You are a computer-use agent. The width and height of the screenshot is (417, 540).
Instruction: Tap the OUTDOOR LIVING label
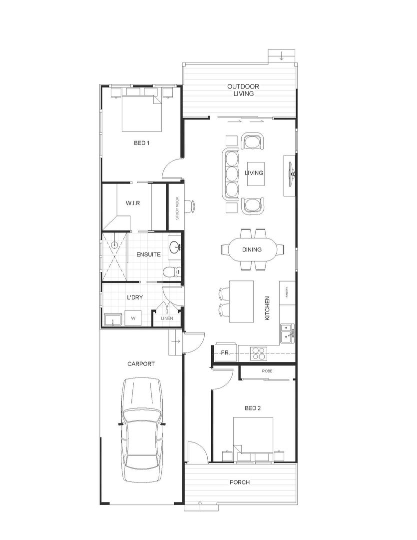pyautogui.click(x=243, y=90)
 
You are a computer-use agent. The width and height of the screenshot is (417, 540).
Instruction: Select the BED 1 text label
pyautogui.click(x=141, y=143)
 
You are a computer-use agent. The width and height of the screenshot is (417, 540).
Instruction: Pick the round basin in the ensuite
pyautogui.click(x=174, y=246)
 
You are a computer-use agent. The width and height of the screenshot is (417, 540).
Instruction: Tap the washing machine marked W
pyautogui.click(x=133, y=317)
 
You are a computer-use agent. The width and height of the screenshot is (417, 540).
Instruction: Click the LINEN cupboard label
pyautogui.click(x=166, y=318)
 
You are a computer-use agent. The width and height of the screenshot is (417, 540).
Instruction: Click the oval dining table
pyautogui.click(x=252, y=249)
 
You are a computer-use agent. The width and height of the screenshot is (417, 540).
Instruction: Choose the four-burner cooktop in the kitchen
pyautogui.click(x=259, y=353)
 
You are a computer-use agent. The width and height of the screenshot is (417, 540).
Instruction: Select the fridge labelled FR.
pyautogui.click(x=225, y=352)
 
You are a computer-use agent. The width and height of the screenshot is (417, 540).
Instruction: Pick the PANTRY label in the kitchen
pyautogui.click(x=287, y=292)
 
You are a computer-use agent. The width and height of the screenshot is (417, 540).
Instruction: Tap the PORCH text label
pyautogui.click(x=240, y=482)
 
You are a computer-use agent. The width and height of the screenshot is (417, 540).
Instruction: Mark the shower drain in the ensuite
pyautogui.click(x=114, y=245)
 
